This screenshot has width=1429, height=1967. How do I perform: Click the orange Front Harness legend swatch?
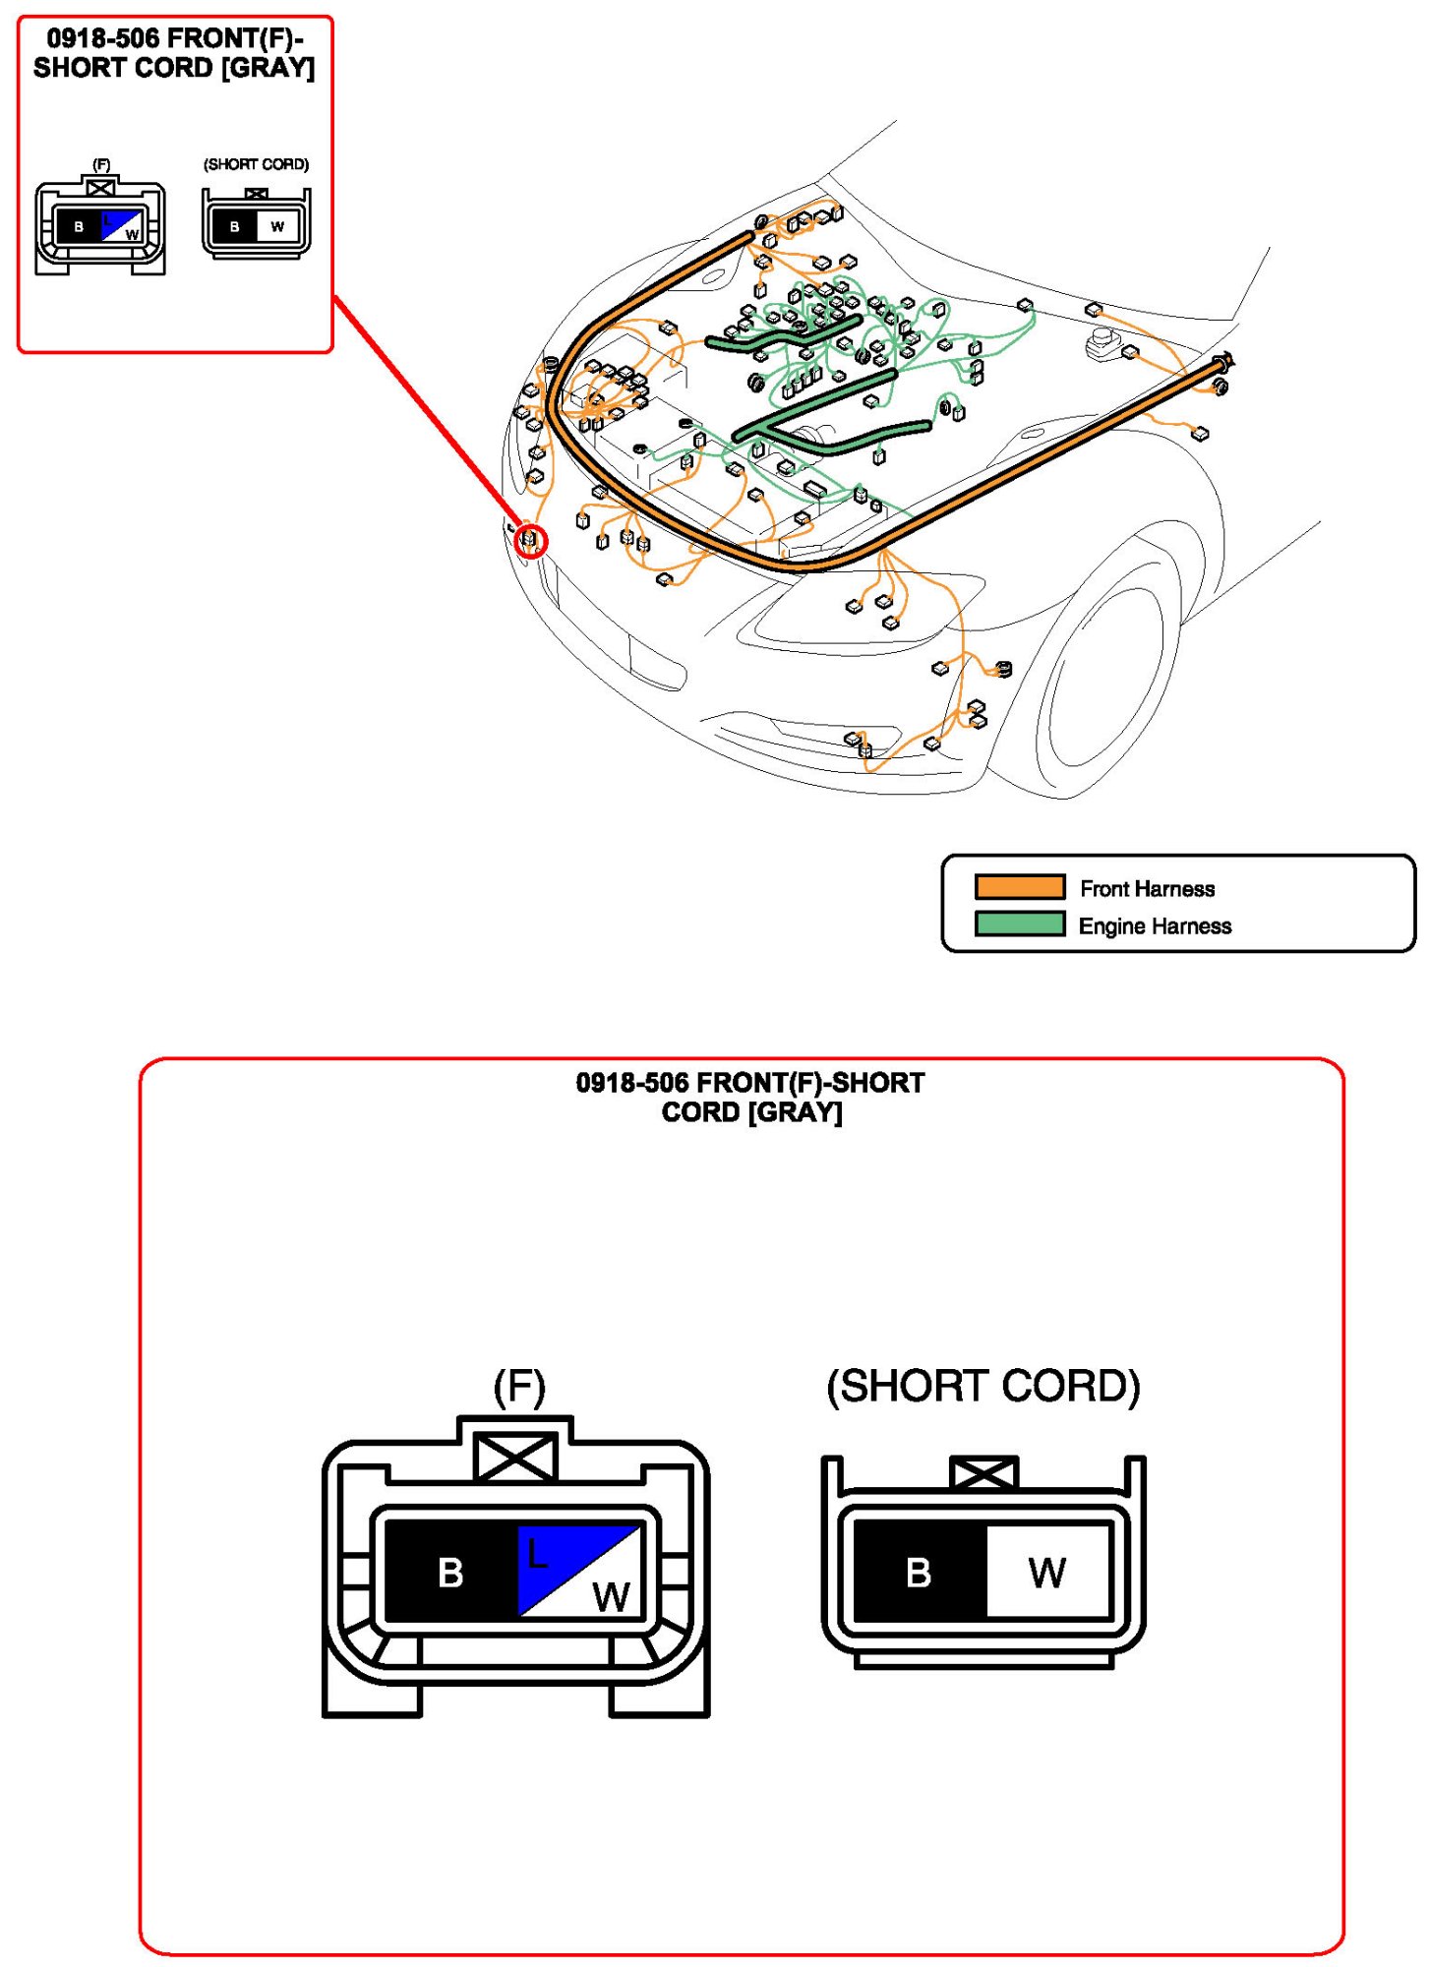click(1019, 887)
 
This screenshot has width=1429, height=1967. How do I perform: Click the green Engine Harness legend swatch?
click(1019, 924)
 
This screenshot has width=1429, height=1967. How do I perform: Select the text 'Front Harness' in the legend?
click(1147, 889)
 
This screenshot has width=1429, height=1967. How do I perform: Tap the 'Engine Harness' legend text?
click(1155, 926)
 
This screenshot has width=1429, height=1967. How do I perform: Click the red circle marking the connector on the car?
click(531, 541)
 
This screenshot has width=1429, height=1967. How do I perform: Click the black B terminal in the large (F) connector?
click(450, 1572)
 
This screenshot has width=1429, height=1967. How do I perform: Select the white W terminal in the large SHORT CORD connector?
click(1046, 1572)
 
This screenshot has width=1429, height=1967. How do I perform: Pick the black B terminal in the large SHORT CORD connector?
click(919, 1572)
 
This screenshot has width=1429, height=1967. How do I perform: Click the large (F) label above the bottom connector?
click(518, 1387)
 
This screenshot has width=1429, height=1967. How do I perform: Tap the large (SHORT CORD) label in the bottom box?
click(982, 1387)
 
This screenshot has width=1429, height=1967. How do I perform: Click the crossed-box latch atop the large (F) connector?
click(515, 1456)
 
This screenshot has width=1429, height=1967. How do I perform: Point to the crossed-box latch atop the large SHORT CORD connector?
click(982, 1473)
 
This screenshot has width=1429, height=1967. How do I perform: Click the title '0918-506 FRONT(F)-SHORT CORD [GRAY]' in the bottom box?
click(750, 1097)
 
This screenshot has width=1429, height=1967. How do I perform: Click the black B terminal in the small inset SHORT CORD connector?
click(234, 227)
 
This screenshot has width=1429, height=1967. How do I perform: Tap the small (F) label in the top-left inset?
click(101, 164)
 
